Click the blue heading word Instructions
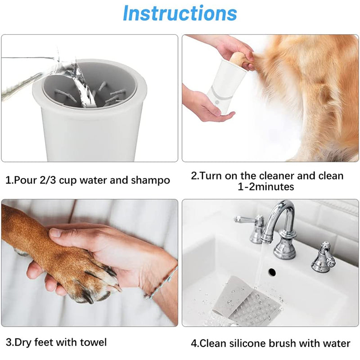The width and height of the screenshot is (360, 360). click(x=180, y=13)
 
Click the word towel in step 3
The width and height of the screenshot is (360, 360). click(x=93, y=342)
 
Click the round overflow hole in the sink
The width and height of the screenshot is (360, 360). click(x=272, y=272)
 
